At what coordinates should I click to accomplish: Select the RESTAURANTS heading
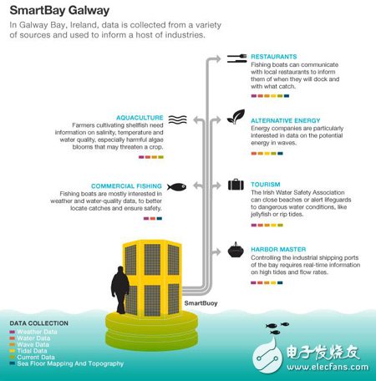[x=274, y=57]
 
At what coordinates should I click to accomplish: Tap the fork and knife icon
[x=236, y=58]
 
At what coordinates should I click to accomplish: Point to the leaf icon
[x=236, y=119]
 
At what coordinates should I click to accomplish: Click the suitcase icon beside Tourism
[x=236, y=183]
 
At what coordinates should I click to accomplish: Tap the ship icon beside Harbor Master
[x=236, y=249]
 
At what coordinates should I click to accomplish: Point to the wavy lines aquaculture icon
[x=175, y=119]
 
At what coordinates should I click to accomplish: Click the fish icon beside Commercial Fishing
[x=175, y=185]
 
